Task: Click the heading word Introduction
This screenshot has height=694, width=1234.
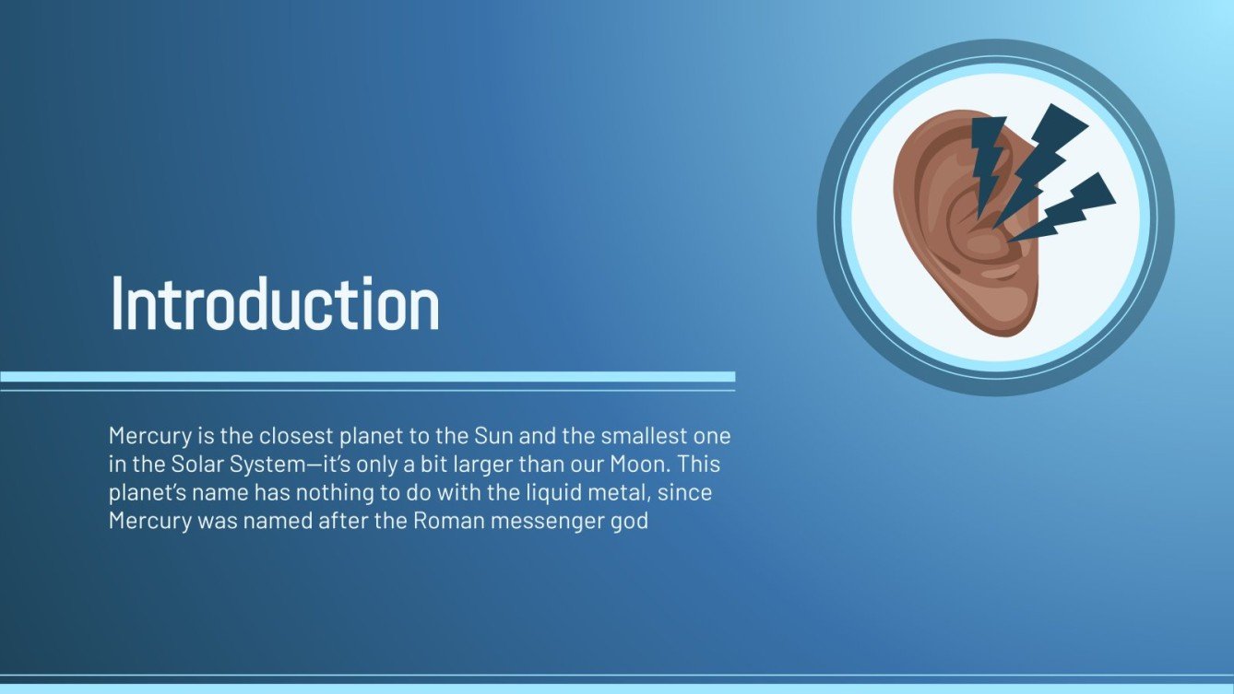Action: tap(275, 304)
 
